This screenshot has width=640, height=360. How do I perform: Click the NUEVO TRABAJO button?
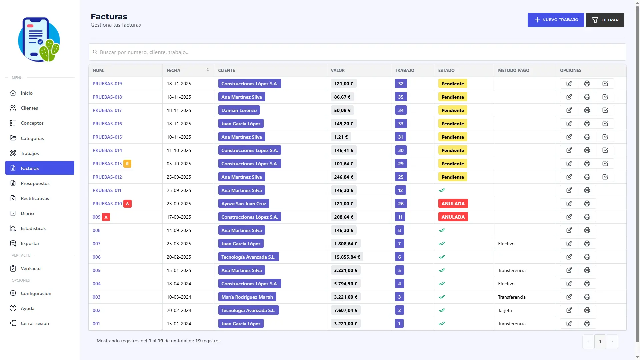point(555,20)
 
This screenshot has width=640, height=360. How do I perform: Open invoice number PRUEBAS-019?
point(107,84)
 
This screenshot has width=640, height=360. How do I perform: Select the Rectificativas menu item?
point(35,198)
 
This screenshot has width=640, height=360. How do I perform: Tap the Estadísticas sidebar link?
point(33,228)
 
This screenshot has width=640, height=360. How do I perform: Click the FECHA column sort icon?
point(208,70)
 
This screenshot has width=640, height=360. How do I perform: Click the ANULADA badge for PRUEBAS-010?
point(453,204)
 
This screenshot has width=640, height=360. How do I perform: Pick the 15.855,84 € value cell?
point(347,257)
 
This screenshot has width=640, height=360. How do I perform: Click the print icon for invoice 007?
point(587,244)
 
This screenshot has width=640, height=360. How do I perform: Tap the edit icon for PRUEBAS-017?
point(569,110)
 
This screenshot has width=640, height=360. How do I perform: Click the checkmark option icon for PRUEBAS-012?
point(605,177)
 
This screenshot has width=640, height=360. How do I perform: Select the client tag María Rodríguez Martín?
point(247,297)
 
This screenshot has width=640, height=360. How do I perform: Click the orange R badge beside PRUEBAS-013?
point(127,164)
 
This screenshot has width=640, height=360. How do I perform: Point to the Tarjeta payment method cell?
point(505,310)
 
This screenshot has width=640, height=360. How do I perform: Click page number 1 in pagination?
point(600,341)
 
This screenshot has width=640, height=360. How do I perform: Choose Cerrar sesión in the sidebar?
point(35,323)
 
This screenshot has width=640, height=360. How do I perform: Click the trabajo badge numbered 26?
point(401,204)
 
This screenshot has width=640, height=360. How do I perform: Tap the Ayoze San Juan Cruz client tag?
point(244,204)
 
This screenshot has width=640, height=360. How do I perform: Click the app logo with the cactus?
point(39,40)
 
